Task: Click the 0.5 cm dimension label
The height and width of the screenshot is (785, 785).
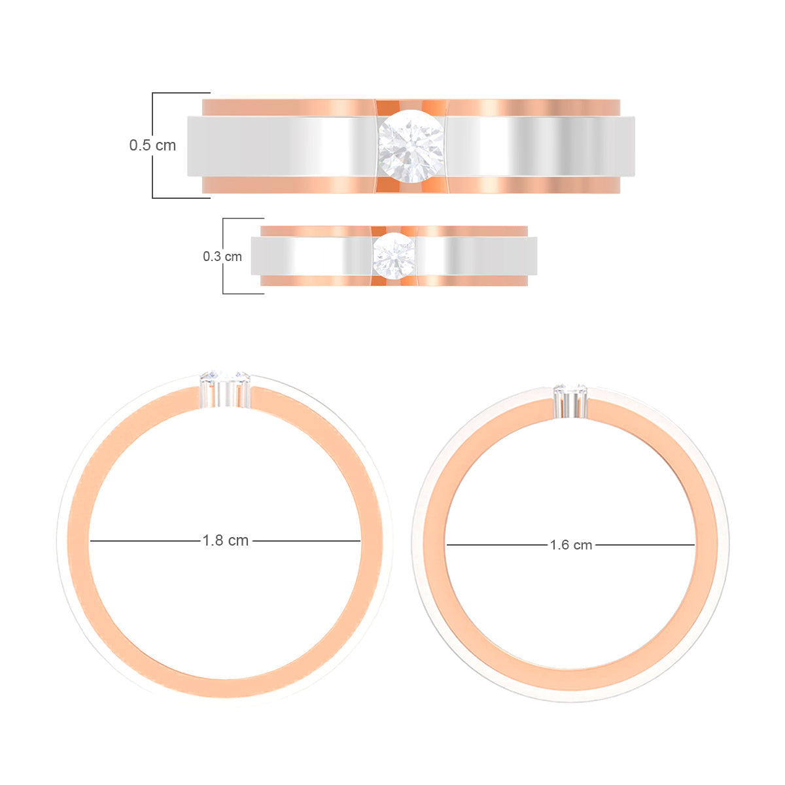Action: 152,145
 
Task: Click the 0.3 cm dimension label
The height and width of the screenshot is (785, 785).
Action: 222,256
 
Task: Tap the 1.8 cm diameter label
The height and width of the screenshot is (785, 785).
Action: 226,541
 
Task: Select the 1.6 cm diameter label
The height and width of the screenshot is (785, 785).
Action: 570,545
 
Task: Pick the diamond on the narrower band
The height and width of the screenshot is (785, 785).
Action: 394,256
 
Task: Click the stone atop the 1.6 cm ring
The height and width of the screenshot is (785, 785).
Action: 570,391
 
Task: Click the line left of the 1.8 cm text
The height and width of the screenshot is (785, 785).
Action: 144,541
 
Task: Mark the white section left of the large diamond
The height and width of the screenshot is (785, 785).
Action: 281,147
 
